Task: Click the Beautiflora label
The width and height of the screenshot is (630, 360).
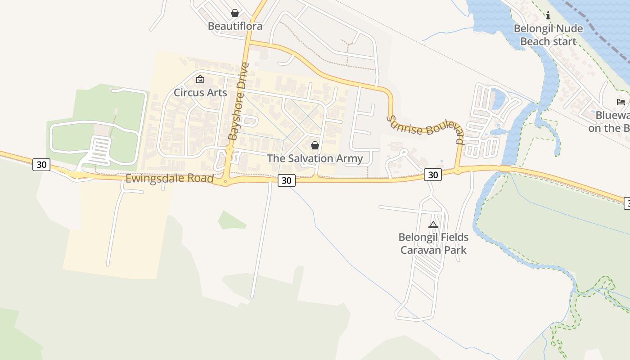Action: tap(235, 26)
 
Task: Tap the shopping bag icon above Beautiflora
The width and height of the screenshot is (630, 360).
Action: tap(234, 13)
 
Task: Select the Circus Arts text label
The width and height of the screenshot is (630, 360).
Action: tap(200, 93)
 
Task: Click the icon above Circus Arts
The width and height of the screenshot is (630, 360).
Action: tap(200, 80)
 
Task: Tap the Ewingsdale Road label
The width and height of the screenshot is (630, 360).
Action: tap(169, 179)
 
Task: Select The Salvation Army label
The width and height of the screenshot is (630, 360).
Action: tap(315, 158)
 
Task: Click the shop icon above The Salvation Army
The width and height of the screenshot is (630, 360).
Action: tap(315, 145)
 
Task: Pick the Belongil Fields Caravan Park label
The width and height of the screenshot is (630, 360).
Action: tap(433, 243)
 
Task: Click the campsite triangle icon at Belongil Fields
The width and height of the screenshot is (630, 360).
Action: tap(433, 225)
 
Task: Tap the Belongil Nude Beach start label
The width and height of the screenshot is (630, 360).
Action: tap(548, 35)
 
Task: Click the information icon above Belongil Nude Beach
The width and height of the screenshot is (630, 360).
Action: tap(548, 16)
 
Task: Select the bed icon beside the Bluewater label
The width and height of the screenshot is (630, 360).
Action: tap(621, 102)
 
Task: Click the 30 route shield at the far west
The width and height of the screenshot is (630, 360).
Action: tap(41, 165)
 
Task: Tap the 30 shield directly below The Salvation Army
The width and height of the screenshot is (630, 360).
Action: tap(286, 180)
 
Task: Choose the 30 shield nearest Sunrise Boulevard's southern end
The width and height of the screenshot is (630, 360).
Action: tap(433, 175)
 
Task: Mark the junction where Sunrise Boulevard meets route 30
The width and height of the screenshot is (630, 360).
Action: tap(458, 171)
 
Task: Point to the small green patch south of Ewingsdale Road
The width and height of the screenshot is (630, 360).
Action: tap(231, 220)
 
